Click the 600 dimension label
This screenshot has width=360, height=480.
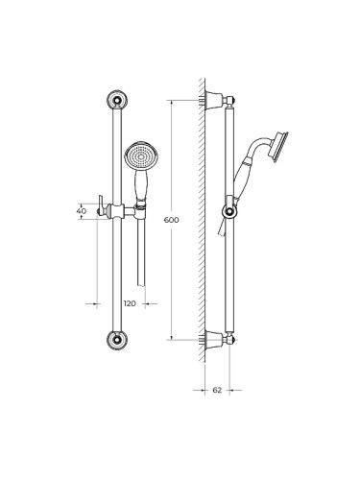tap(171, 220)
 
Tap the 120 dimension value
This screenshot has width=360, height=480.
tap(130, 303)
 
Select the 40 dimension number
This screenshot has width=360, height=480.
tap(82, 211)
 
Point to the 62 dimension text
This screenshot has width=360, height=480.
tap(217, 390)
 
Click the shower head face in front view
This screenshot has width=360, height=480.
tap(141, 156)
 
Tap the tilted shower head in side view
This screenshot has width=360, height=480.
tap(279, 147)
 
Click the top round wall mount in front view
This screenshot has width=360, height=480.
tap(117, 100)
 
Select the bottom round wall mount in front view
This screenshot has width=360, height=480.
tap(117, 340)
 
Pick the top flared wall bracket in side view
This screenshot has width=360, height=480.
tap(214, 100)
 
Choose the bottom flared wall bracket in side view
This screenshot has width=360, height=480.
tap(214, 340)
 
